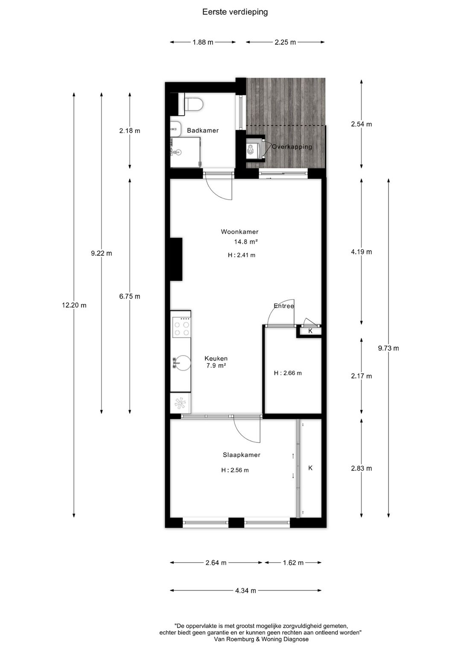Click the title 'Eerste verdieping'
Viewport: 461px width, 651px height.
235,12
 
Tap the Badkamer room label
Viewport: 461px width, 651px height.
203,131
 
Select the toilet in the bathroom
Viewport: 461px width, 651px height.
194,104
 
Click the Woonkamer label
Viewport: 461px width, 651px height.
239,232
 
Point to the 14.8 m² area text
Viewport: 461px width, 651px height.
245,241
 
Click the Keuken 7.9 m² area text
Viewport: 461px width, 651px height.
216,366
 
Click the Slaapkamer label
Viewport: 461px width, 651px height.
241,455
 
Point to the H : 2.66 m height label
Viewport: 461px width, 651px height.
288,373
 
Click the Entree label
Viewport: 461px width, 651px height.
284,306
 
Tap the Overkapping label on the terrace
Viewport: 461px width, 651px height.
292,147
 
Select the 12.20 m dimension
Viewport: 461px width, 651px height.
74,305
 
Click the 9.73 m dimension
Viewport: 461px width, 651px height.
388,348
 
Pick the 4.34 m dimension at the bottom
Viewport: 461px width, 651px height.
245,590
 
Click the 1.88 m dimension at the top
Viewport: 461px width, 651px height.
203,42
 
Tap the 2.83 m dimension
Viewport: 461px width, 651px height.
361,468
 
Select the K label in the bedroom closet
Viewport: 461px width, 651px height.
310,468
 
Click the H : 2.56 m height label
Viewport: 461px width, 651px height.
235,470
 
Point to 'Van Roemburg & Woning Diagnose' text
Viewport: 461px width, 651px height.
261,639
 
